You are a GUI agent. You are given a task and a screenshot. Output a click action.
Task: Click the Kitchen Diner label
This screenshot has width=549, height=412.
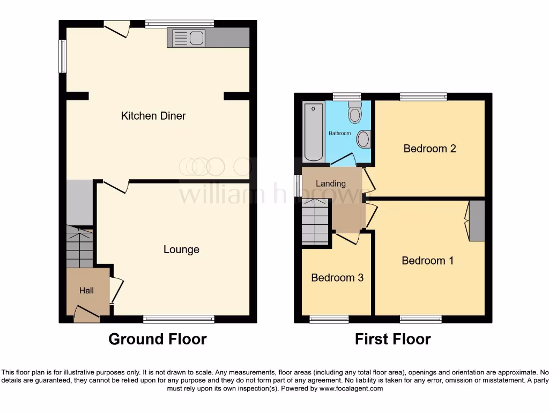click(153, 116)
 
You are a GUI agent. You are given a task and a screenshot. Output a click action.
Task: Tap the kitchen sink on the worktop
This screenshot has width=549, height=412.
click(188, 38)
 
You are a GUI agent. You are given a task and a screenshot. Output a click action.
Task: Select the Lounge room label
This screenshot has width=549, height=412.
click(181, 249)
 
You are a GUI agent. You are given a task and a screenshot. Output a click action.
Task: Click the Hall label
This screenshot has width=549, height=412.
click(86, 290)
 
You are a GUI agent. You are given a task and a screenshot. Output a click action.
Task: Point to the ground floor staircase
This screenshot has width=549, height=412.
click(79, 247)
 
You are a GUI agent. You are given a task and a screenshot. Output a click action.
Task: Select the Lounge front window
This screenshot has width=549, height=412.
click(179, 320)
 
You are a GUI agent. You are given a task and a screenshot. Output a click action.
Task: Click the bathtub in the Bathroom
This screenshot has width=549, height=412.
click(313, 131)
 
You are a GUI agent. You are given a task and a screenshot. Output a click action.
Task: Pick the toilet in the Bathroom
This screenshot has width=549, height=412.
click(354, 113)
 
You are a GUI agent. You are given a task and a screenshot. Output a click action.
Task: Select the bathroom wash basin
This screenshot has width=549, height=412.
click(363, 139)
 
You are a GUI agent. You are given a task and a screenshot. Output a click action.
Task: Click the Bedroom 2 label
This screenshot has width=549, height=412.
click(429, 149)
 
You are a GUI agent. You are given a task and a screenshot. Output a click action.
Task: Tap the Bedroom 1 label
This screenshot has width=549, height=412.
click(427, 261)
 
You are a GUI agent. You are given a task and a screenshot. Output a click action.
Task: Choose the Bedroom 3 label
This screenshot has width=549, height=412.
click(337, 278)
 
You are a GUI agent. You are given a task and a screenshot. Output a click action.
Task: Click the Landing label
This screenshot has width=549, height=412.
click(330, 183)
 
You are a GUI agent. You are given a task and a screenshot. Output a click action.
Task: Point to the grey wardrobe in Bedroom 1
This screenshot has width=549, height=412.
click(476, 220)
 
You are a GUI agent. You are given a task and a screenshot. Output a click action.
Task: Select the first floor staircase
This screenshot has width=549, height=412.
click(315, 221)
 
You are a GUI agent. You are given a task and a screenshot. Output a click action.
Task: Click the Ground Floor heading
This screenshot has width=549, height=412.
click(157, 339)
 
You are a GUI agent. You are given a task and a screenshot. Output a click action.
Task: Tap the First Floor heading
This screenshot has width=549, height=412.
click(392, 339)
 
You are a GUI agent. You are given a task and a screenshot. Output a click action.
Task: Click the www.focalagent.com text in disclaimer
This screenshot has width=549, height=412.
click(351, 388)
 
